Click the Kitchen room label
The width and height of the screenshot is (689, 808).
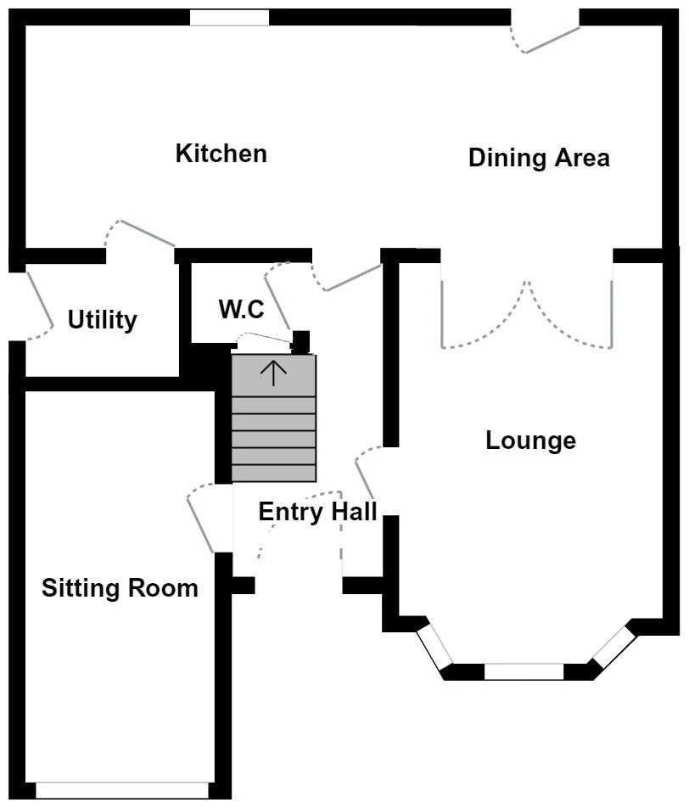pos(221,154)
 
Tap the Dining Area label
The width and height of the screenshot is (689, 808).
pos(539,158)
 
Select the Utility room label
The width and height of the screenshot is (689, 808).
pos(102,320)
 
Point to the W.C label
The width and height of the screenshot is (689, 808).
pos(242,310)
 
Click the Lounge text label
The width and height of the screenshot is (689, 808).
pos(530,440)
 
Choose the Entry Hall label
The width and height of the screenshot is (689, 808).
pos(317,512)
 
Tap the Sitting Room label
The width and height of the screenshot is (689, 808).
pos(120,587)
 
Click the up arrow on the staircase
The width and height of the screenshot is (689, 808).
pos(273,373)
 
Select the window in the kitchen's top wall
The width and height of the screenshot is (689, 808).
pos(229,18)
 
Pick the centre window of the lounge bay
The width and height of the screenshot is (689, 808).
pos(524,671)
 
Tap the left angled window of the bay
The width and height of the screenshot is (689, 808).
pos(434,648)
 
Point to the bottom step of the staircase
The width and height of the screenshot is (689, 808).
pos(273,473)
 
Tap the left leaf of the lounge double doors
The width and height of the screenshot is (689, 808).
pos(475,318)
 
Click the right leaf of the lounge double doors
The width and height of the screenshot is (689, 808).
pos(577,318)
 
